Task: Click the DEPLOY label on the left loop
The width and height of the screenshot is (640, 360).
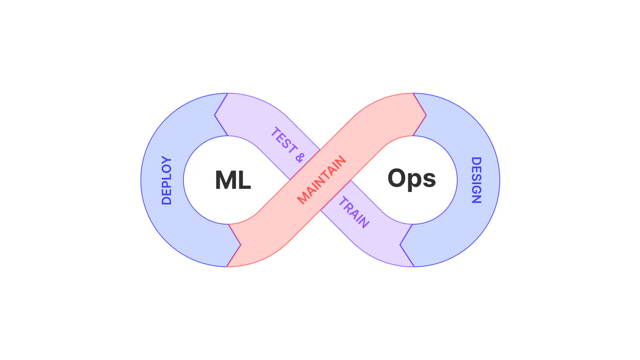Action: (166, 180)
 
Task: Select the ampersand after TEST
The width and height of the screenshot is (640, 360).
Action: (300, 157)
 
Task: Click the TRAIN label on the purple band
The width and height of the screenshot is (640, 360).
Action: (354, 212)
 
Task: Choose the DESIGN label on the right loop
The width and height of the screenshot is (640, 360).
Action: (476, 180)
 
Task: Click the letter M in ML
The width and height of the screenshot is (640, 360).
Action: (226, 180)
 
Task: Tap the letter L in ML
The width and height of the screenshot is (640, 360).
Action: (244, 180)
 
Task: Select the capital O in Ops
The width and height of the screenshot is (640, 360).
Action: (398, 178)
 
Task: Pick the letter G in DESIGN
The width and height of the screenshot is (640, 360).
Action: (476, 188)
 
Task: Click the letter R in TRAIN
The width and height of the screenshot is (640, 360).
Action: (349, 207)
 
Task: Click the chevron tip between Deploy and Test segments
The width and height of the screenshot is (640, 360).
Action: (215, 115)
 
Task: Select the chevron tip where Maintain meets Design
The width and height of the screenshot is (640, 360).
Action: (426, 115)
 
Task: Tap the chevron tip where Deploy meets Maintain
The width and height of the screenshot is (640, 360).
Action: (240, 245)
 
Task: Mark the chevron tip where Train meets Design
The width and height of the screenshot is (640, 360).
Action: (400, 245)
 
